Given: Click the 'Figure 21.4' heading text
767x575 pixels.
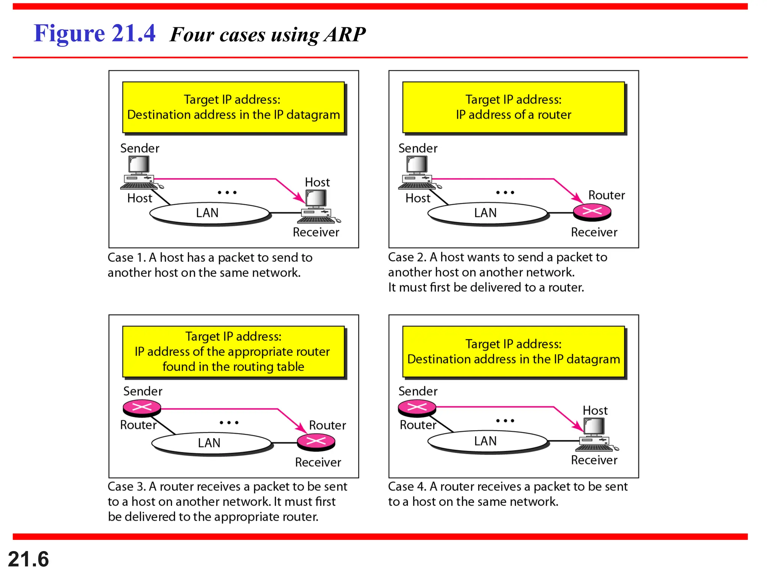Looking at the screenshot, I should pos(94,33).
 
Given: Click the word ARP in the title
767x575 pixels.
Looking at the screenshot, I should pos(345,34).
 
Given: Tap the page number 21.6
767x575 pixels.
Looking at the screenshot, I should pos(28,559).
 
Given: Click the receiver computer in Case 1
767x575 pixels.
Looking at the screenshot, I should pos(318,206).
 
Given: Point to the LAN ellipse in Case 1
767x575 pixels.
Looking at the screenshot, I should pos(209,213).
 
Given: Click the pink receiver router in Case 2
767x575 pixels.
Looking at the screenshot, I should pos(592,212).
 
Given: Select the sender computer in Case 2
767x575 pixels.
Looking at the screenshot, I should pos(417,172).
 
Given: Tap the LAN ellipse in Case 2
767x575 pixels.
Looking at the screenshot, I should pos(487,213).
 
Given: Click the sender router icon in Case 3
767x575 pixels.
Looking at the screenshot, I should pos(142,408).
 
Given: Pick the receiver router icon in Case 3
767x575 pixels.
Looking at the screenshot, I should pos(316,442).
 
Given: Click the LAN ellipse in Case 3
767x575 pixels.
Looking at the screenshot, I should pos(211,443).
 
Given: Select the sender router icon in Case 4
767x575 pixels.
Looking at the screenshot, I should pos(417,408).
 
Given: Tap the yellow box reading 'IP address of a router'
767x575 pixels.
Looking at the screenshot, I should pos(513,107).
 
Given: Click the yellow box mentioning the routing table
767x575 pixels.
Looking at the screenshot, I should pos(233,352).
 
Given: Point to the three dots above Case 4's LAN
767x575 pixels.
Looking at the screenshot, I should pos(505,421).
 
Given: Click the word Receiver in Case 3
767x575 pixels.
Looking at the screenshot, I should pos(318,462).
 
